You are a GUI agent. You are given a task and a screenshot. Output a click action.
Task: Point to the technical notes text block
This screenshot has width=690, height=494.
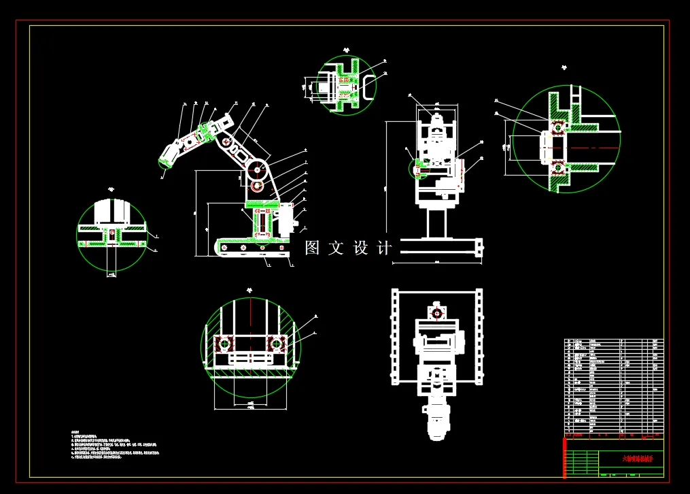116,446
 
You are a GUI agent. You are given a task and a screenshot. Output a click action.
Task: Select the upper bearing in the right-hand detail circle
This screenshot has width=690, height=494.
557,127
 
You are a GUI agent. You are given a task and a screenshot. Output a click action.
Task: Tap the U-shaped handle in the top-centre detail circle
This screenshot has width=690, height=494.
368,88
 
